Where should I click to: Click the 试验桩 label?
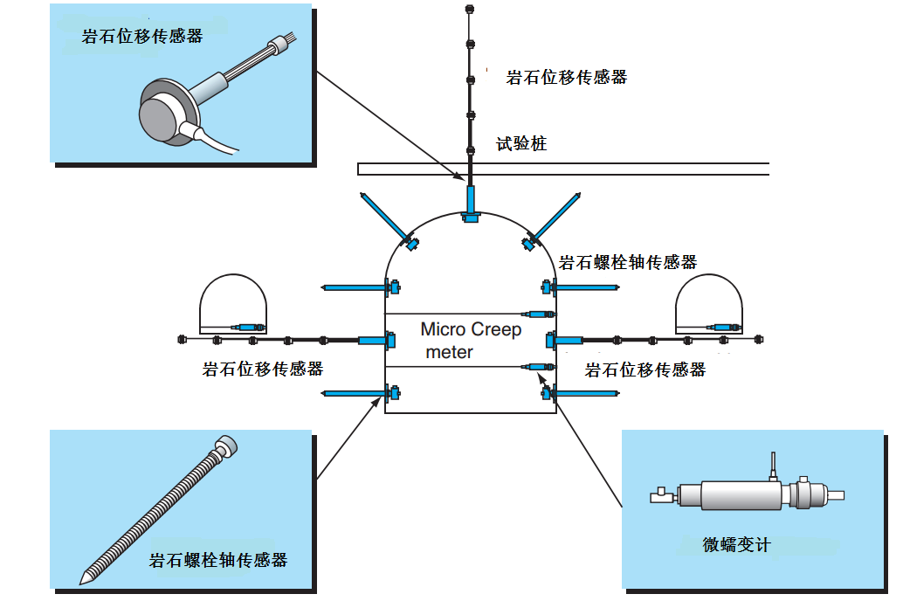click(x=521, y=144)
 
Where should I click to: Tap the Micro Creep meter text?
click(x=470, y=341)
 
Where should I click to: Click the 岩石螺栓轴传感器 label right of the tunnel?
click(x=627, y=262)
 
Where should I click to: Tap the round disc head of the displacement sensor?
click(x=162, y=112)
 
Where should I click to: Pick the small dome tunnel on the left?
click(x=233, y=306)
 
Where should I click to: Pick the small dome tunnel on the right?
click(x=708, y=306)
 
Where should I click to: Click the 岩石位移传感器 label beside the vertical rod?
click(x=567, y=78)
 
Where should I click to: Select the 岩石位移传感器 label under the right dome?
click(x=645, y=370)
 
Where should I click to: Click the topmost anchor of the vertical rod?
click(x=469, y=10)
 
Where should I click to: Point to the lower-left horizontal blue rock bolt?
click(x=354, y=395)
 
